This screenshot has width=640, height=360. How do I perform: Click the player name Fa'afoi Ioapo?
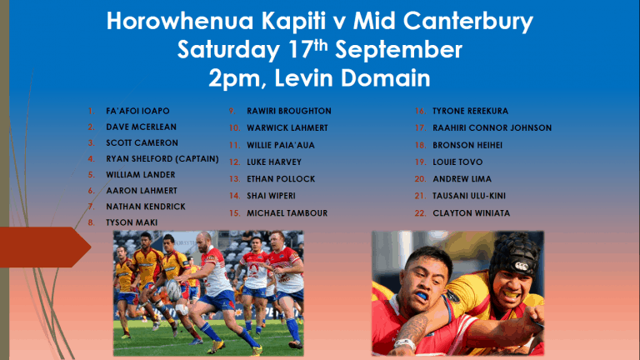[x=137, y=111]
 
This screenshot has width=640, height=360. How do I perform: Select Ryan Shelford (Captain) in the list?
[x=162, y=159]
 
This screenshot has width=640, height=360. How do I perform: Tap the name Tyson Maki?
[x=132, y=222]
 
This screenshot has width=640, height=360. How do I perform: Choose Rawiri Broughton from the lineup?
[x=289, y=111]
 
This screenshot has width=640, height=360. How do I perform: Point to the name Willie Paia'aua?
[x=281, y=145]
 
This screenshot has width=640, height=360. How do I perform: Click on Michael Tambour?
[x=287, y=213]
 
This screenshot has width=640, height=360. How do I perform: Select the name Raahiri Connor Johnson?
[x=492, y=128]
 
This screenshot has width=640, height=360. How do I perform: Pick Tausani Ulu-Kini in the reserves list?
[x=469, y=196]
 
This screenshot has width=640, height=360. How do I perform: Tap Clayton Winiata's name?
[x=471, y=213]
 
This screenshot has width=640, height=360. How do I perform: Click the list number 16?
[x=420, y=111]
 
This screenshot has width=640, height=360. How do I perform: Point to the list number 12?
[x=234, y=162]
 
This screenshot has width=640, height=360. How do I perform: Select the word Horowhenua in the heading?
[x=180, y=20]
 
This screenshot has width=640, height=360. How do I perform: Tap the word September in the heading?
[x=398, y=50]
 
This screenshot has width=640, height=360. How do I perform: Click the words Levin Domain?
[x=352, y=77]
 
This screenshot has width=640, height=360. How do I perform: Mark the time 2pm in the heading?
[x=237, y=79]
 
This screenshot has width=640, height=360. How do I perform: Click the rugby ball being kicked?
[x=174, y=289]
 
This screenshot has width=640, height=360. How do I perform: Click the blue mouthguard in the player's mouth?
[x=422, y=295]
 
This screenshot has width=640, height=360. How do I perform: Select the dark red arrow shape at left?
[x=45, y=247]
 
